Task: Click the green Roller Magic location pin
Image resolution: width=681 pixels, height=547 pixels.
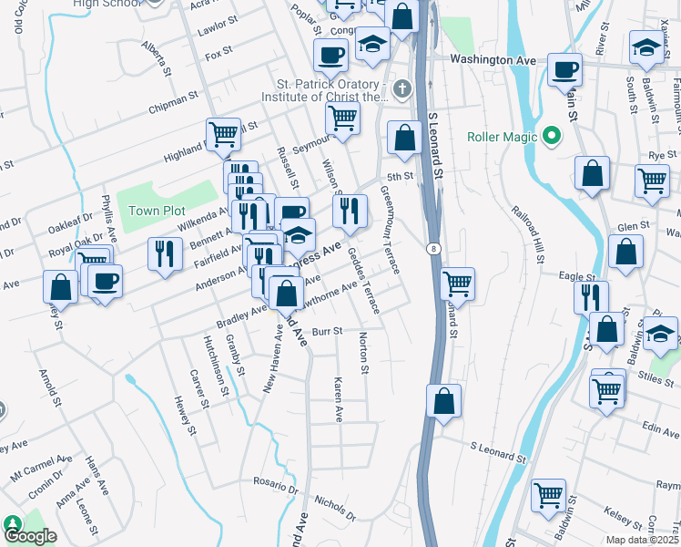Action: point(550,138)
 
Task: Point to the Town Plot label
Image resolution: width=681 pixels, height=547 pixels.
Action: point(157,211)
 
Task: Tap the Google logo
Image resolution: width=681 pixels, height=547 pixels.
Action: point(30,536)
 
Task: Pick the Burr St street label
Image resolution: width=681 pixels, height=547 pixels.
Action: point(325,332)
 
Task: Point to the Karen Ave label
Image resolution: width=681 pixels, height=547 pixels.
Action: point(338,400)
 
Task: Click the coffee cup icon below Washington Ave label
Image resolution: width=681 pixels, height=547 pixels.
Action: point(564,70)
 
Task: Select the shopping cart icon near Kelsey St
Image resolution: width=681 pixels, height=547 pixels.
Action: point(548,496)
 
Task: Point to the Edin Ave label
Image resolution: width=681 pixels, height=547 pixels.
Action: point(635,428)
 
